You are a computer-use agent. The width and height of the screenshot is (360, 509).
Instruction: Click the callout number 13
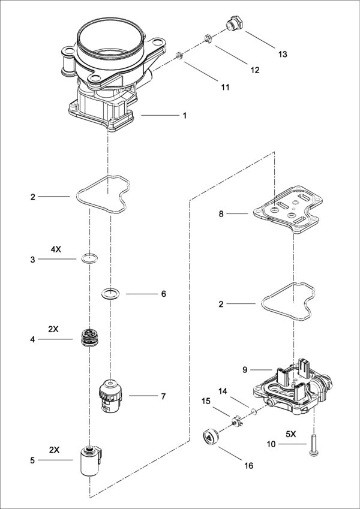(283, 54)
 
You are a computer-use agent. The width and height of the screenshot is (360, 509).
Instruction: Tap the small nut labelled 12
(208, 38)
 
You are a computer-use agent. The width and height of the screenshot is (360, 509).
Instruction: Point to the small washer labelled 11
(179, 56)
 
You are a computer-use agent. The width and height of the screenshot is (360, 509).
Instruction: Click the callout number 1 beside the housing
(185, 116)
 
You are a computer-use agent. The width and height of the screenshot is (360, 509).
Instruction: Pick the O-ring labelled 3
(89, 259)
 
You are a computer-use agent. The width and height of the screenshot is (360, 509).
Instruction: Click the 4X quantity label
(56, 250)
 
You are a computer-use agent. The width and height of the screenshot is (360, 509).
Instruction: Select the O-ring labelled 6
(110, 294)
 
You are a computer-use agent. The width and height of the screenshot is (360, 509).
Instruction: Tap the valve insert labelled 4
(89, 338)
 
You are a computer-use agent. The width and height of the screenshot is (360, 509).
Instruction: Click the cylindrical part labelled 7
(111, 396)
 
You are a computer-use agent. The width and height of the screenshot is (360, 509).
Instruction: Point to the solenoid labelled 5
(92, 461)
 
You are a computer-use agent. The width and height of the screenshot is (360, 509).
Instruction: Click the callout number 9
(245, 370)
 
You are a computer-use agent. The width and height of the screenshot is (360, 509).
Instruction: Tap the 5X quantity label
(291, 433)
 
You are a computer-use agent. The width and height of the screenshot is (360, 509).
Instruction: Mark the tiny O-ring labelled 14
(254, 412)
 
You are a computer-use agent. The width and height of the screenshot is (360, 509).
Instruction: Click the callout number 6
(163, 294)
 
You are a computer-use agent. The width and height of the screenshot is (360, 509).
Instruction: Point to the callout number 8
(221, 214)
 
